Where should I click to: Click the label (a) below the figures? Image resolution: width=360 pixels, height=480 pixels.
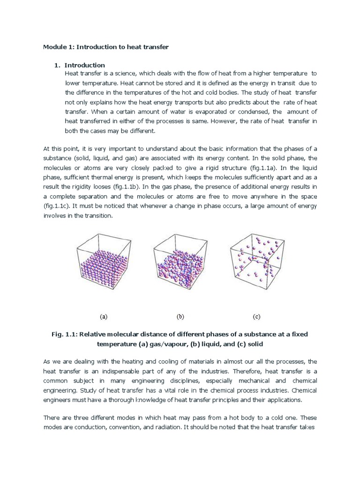(x=104, y=316)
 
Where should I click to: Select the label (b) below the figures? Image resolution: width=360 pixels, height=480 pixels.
(x=180, y=316)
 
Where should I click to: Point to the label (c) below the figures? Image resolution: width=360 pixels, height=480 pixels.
(x=256, y=316)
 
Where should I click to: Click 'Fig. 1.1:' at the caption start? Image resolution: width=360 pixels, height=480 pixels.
(x=64, y=335)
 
